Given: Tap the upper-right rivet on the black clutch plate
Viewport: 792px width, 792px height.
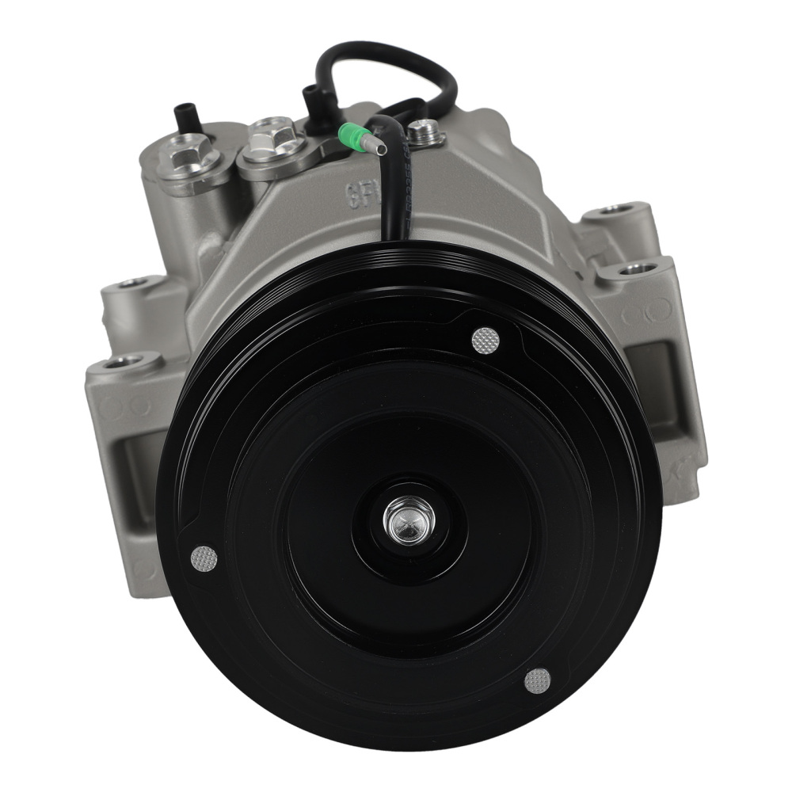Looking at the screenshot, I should point(485,341).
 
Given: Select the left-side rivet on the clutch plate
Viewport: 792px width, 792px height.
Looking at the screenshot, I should point(204,559).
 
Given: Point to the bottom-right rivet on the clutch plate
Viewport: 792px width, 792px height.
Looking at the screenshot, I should point(538,680).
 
